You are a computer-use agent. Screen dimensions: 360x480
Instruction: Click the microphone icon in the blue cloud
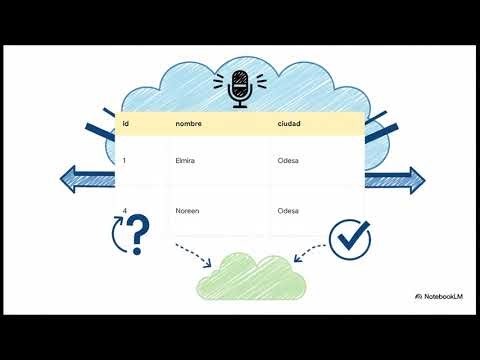tap(239, 86)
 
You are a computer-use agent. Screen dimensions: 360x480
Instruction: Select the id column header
tap(126, 124)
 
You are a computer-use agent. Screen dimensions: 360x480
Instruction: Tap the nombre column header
tap(189, 124)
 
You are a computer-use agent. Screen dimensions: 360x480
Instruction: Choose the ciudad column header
tap(291, 124)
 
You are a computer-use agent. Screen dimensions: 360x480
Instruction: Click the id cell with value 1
tap(124, 161)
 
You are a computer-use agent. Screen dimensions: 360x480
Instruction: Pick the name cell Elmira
tap(184, 161)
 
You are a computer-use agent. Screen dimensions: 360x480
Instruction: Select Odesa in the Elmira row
tap(289, 161)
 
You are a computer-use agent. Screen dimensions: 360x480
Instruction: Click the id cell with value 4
tap(124, 211)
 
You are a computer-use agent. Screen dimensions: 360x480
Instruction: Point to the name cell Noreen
tap(187, 211)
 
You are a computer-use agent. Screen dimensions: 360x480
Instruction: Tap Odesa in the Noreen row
tap(289, 211)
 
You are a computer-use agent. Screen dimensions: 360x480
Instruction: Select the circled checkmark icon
tap(350, 237)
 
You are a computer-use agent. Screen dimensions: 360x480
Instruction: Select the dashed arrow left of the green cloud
tap(193, 254)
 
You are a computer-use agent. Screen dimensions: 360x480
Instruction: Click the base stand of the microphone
tap(239, 105)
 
